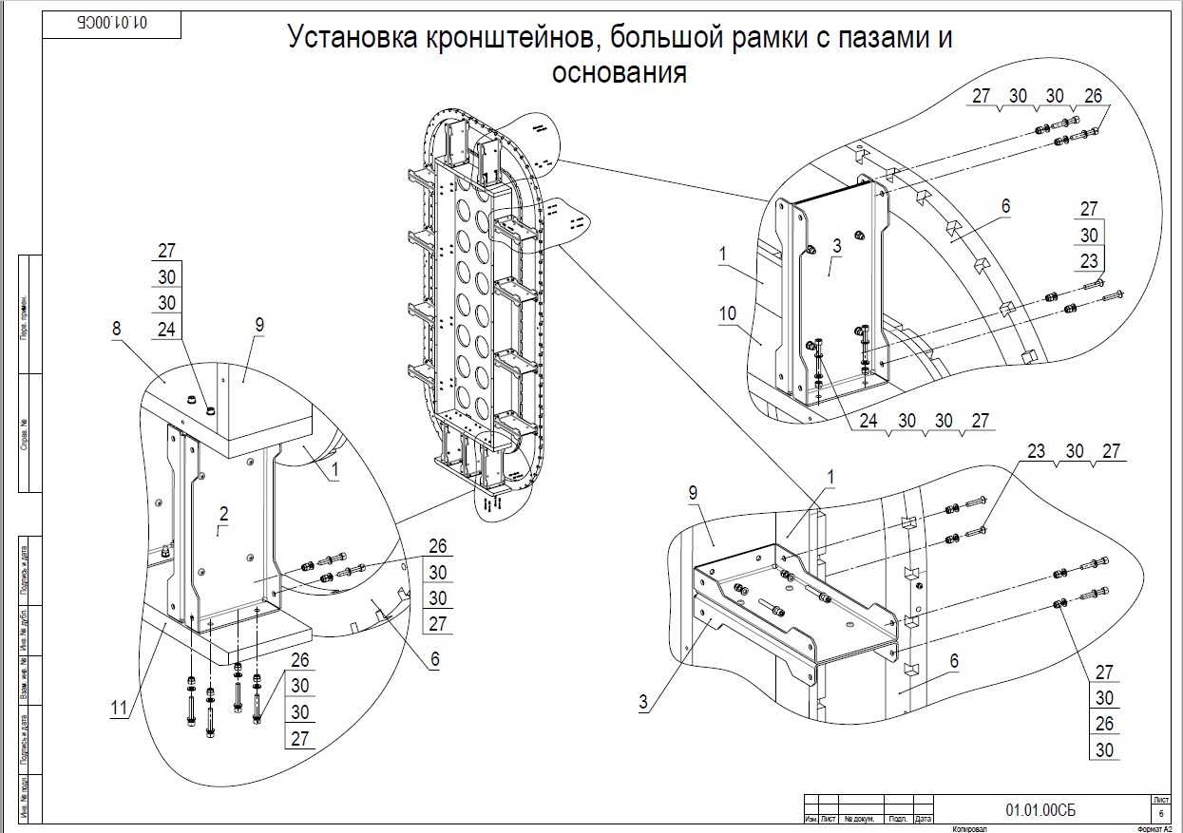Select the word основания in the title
[619, 72]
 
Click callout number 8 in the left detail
[116, 330]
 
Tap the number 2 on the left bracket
[223, 514]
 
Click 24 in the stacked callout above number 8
[166, 329]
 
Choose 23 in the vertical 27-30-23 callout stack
[1089, 260]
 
